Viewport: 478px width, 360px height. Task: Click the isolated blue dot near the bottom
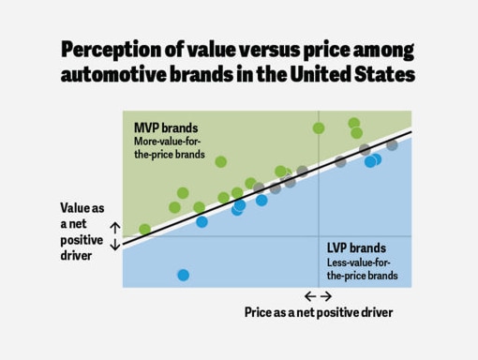(183, 275)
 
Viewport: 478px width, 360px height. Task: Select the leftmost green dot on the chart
(144, 229)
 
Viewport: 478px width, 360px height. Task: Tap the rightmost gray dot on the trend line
(392, 144)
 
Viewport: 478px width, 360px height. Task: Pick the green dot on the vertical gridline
(319, 127)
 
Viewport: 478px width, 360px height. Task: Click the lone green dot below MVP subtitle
(221, 161)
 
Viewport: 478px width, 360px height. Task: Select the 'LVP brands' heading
(355, 247)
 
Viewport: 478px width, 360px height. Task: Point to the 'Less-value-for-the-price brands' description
(362, 269)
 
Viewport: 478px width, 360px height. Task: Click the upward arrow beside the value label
(115, 227)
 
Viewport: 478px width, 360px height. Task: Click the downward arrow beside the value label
(115, 245)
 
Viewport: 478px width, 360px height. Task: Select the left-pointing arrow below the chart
(310, 296)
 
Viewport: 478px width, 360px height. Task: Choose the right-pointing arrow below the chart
(326, 296)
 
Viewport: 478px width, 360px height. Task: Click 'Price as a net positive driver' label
(318, 312)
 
